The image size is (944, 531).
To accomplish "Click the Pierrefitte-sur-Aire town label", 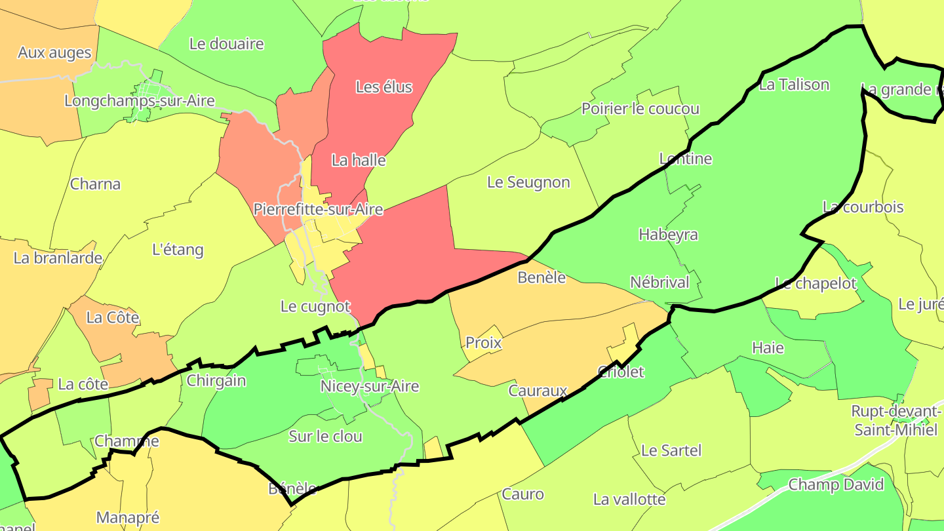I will (318, 210).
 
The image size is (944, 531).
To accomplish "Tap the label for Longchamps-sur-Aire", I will (140, 101).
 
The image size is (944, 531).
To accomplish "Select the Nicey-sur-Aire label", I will (369, 386).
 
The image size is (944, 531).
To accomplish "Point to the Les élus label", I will (384, 87).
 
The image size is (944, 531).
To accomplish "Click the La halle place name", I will (359, 160).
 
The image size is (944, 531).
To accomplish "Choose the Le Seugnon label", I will (528, 182).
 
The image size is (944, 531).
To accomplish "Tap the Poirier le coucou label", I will (640, 109).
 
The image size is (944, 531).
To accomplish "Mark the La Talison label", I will (794, 85).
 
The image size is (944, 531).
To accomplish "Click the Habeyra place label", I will (668, 235).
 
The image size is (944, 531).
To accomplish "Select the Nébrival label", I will (659, 283).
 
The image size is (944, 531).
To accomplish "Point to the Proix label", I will (483, 342).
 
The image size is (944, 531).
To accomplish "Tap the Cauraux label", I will (538, 391).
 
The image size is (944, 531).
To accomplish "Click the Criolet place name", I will (621, 372).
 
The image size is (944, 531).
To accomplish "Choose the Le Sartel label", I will (671, 450).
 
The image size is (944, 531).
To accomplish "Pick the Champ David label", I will (836, 485).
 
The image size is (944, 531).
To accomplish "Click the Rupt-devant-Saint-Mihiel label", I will (895, 420).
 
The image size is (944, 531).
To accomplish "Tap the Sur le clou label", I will (326, 437).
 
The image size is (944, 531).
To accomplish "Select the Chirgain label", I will (216, 381).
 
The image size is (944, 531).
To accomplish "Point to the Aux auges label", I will (54, 52).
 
